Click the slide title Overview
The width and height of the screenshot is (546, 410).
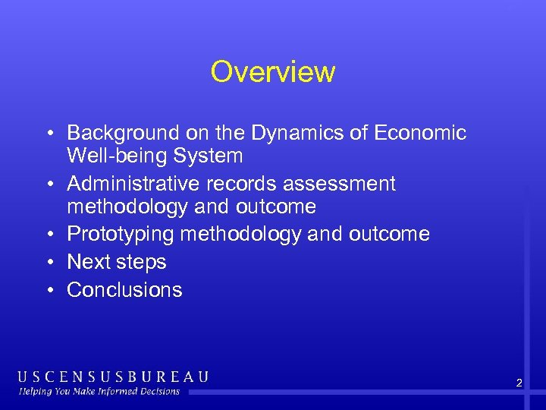click(x=273, y=72)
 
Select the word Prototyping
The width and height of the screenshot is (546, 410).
click(x=121, y=235)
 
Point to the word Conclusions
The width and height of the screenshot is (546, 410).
click(x=125, y=290)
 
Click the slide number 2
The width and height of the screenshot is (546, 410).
click(x=519, y=383)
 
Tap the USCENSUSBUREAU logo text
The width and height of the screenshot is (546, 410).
click(x=113, y=377)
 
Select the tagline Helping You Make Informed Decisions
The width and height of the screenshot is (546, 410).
click(x=99, y=392)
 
